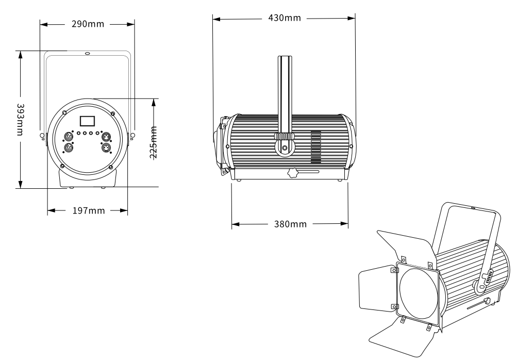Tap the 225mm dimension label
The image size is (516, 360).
click(x=153, y=142)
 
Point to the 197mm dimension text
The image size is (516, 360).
click(x=88, y=210)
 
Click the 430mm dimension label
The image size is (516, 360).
click(x=285, y=18)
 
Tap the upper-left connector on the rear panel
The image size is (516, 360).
click(x=67, y=137)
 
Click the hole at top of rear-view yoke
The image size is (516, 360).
click(x=87, y=53)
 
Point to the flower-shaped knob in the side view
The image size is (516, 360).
click(x=292, y=173)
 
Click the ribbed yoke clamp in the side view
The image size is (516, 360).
click(x=284, y=136)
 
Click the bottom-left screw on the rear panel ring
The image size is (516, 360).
click(x=62, y=166)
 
